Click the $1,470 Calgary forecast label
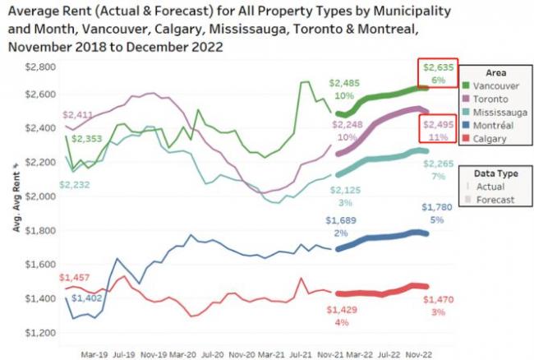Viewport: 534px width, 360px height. [439, 301]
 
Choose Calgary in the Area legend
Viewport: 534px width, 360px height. [492, 139]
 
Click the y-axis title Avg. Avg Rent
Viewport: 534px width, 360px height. [16, 201]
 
